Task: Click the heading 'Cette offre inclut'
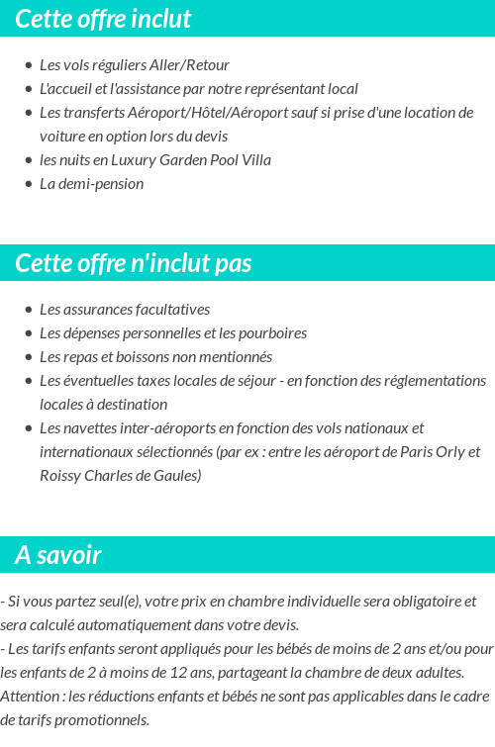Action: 103,19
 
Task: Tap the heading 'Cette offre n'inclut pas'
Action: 134,263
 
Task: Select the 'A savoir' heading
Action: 58,555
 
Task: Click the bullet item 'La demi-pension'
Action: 91,184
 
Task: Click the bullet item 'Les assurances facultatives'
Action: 125,310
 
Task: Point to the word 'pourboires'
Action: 272,333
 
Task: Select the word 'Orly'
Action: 443,452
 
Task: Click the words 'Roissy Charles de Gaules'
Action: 120,476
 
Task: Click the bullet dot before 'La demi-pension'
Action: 29,184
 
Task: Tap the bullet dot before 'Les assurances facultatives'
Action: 29,310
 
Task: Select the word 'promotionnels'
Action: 99,720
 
